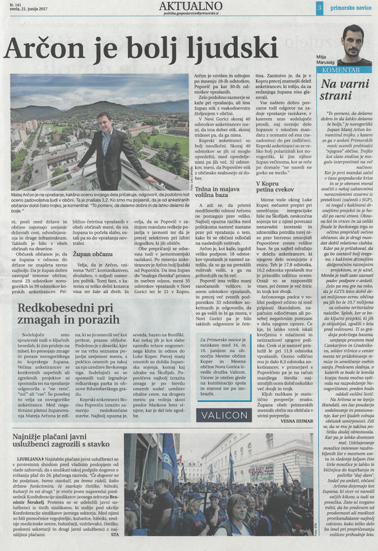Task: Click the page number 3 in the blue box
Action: pyautogui.click(x=320, y=7)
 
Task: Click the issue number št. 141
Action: pyautogui.click(x=9, y=4)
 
